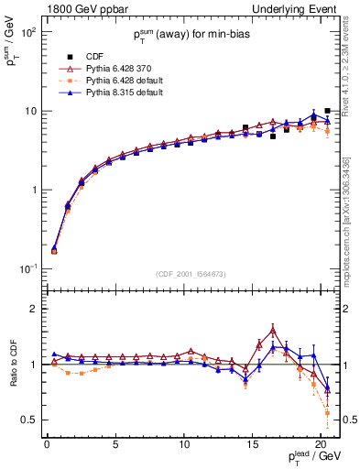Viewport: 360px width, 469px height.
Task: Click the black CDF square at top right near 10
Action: pyautogui.click(x=327, y=111)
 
